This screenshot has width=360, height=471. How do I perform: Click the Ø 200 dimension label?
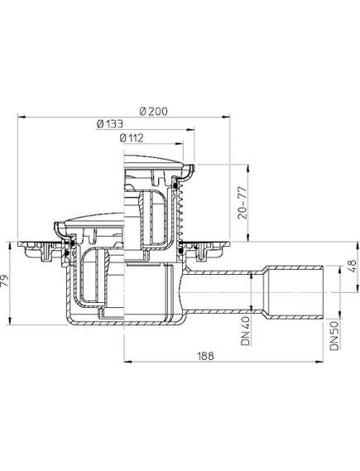coord(154,111)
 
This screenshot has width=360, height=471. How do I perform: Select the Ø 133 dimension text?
coord(110,123)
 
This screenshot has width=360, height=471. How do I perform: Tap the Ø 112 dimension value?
coord(132,138)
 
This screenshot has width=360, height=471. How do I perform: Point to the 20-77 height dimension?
coord(242,203)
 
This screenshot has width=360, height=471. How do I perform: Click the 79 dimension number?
coord(5,282)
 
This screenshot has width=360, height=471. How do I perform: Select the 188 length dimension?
coord(206,356)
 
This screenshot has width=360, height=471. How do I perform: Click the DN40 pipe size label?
coord(246,330)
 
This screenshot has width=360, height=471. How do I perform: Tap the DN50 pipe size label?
coord(334,335)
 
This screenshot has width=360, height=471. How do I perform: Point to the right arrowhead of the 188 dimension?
coord(319,362)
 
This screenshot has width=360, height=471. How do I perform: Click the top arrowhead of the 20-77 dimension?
coord(247,168)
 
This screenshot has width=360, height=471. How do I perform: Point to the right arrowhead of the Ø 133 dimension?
coord(190,130)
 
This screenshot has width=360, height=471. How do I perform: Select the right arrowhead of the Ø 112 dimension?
coord(180,144)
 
